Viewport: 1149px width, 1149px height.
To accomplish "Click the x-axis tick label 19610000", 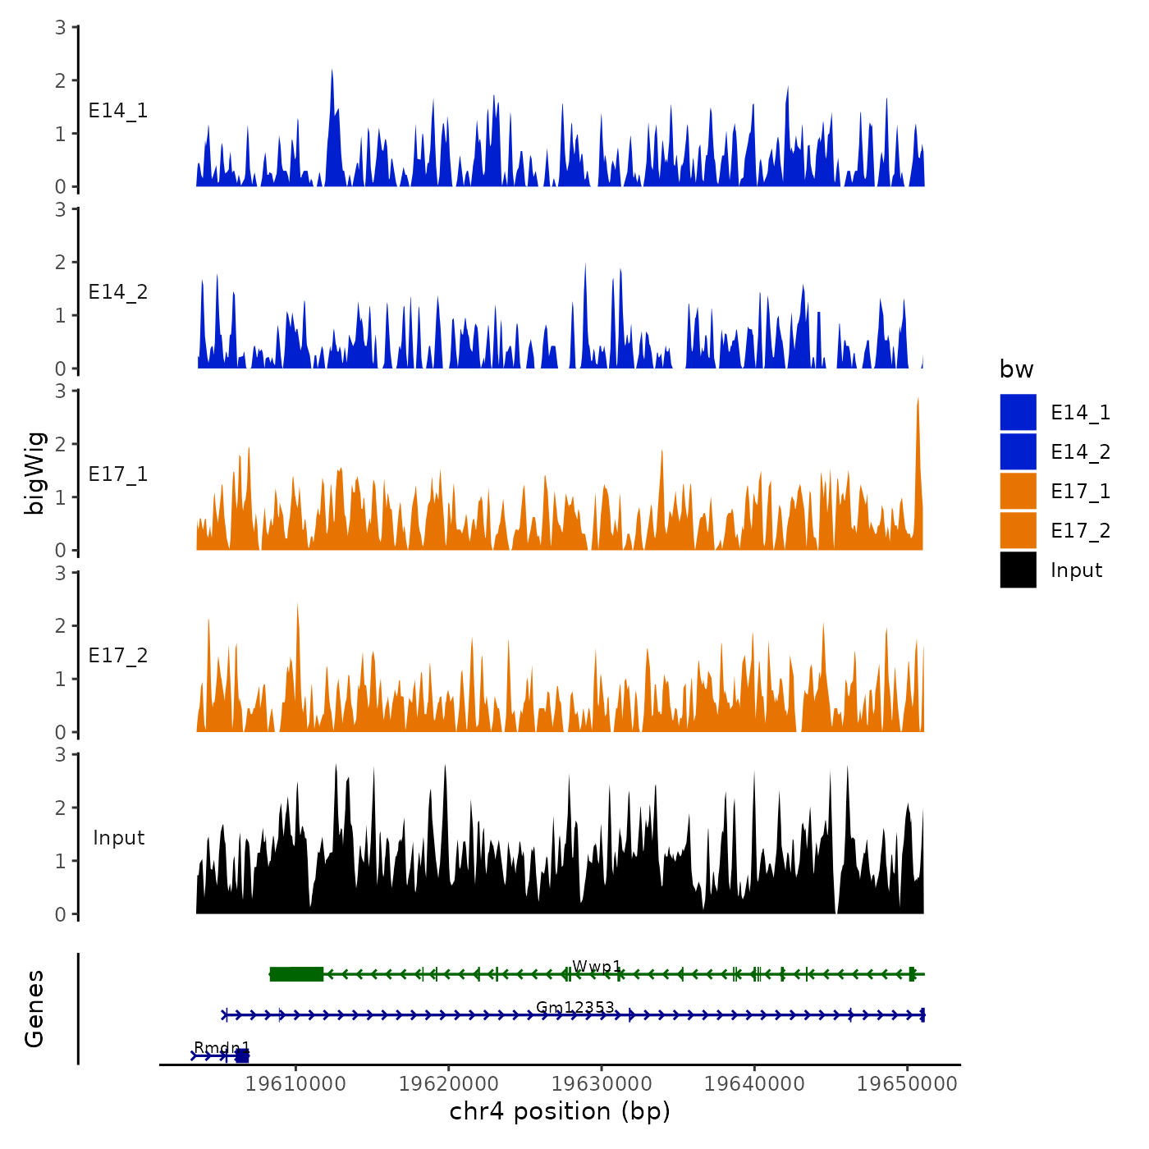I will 296,1084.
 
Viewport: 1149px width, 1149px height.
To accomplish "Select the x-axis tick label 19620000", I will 449,1084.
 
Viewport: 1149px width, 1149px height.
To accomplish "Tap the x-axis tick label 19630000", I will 602,1084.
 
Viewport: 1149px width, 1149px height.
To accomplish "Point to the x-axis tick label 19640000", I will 754,1084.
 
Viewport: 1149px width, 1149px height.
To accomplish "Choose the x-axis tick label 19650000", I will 907,1084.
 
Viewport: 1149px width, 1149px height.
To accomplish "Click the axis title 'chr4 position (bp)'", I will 560,1112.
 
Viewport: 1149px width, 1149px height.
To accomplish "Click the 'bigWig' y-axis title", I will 34,474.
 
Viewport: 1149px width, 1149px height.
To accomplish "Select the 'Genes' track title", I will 34,1009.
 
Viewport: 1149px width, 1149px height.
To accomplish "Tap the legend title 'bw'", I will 1016,370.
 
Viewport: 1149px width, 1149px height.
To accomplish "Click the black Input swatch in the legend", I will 1018,570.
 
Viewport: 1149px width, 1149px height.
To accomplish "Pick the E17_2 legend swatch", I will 1018,530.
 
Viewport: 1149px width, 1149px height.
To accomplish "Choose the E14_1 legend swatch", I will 1018,412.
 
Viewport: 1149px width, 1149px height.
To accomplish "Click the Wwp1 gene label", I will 597,967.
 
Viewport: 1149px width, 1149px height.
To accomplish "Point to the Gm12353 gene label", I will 574,1007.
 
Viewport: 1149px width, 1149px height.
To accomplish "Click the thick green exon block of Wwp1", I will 296,974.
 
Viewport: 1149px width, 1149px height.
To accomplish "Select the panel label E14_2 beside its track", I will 118,292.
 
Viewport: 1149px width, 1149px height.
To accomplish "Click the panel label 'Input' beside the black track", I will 118,838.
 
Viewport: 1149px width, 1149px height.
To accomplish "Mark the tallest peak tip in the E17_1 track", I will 918,400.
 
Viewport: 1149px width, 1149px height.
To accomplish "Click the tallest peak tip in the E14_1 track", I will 332,71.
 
